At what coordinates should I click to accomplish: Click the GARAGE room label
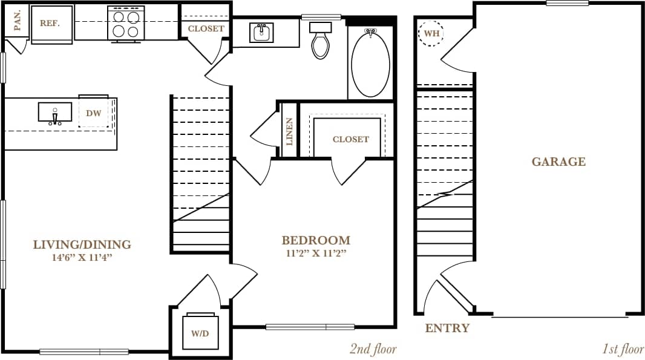(558, 162)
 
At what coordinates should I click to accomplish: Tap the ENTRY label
(447, 329)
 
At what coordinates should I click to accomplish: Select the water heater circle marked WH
(431, 33)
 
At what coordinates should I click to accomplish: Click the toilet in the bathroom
(321, 41)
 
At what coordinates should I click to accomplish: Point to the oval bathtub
(370, 63)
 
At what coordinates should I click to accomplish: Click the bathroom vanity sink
(261, 33)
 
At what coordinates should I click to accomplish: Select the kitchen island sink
(55, 113)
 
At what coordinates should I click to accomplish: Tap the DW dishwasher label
(93, 113)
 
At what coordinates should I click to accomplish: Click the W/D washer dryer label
(200, 333)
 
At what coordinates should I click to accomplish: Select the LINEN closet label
(289, 133)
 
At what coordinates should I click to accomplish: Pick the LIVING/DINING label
(82, 245)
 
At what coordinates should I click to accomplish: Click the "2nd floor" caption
(372, 349)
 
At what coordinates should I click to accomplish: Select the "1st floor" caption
(623, 349)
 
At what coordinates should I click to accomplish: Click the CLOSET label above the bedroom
(350, 139)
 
